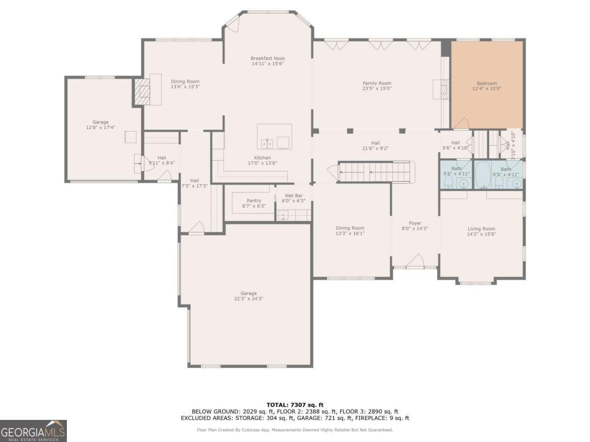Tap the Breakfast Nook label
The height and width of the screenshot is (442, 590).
coord(268,58)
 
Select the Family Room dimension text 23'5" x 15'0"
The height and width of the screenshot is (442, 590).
coord(377,88)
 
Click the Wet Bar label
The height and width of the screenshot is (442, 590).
coord(294,195)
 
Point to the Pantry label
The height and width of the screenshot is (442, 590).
coord(254,201)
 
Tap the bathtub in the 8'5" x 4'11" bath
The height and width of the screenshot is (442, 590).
coord(483,174)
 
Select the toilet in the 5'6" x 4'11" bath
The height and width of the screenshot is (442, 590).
coord(448,182)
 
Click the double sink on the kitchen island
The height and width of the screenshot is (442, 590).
coord(267,144)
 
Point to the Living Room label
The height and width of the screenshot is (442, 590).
coord(481,229)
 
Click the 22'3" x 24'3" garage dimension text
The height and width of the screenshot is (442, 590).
coord(248,299)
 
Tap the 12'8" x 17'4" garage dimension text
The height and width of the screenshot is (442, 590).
coord(100,128)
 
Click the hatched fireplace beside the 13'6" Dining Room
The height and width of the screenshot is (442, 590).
coord(142,91)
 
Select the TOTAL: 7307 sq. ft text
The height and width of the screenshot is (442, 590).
coord(295,405)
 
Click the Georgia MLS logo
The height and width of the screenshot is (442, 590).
coord(33,431)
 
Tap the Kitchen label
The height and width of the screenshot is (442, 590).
coord(263,158)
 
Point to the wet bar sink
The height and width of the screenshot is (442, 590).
coord(283,215)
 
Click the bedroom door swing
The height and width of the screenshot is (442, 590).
coord(462,123)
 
